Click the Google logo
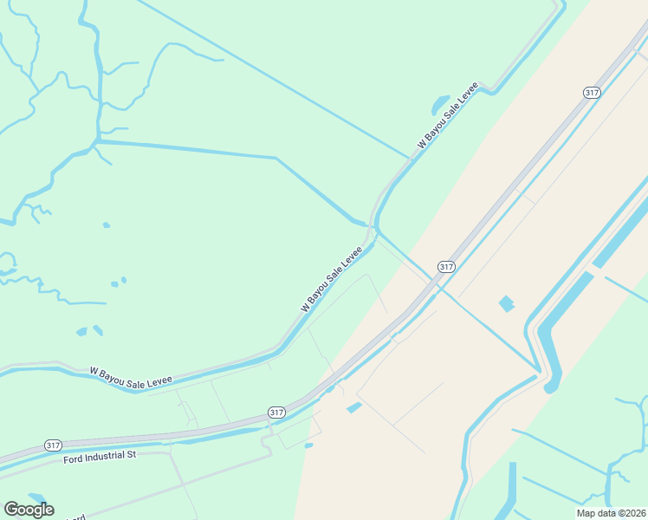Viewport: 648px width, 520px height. [x=29, y=510]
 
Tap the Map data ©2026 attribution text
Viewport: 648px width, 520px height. [x=610, y=513]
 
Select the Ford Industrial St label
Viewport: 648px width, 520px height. [x=100, y=456]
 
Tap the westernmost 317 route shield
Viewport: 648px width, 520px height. [x=53, y=445]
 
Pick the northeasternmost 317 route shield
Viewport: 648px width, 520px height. [x=593, y=93]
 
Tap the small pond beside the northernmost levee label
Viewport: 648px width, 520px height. [x=440, y=106]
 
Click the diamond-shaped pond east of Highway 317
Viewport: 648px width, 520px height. [x=506, y=303]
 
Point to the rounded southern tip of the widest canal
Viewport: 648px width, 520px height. [x=551, y=387]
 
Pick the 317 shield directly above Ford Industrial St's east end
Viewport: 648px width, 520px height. [x=275, y=412]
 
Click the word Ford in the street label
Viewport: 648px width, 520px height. [x=73, y=458]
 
